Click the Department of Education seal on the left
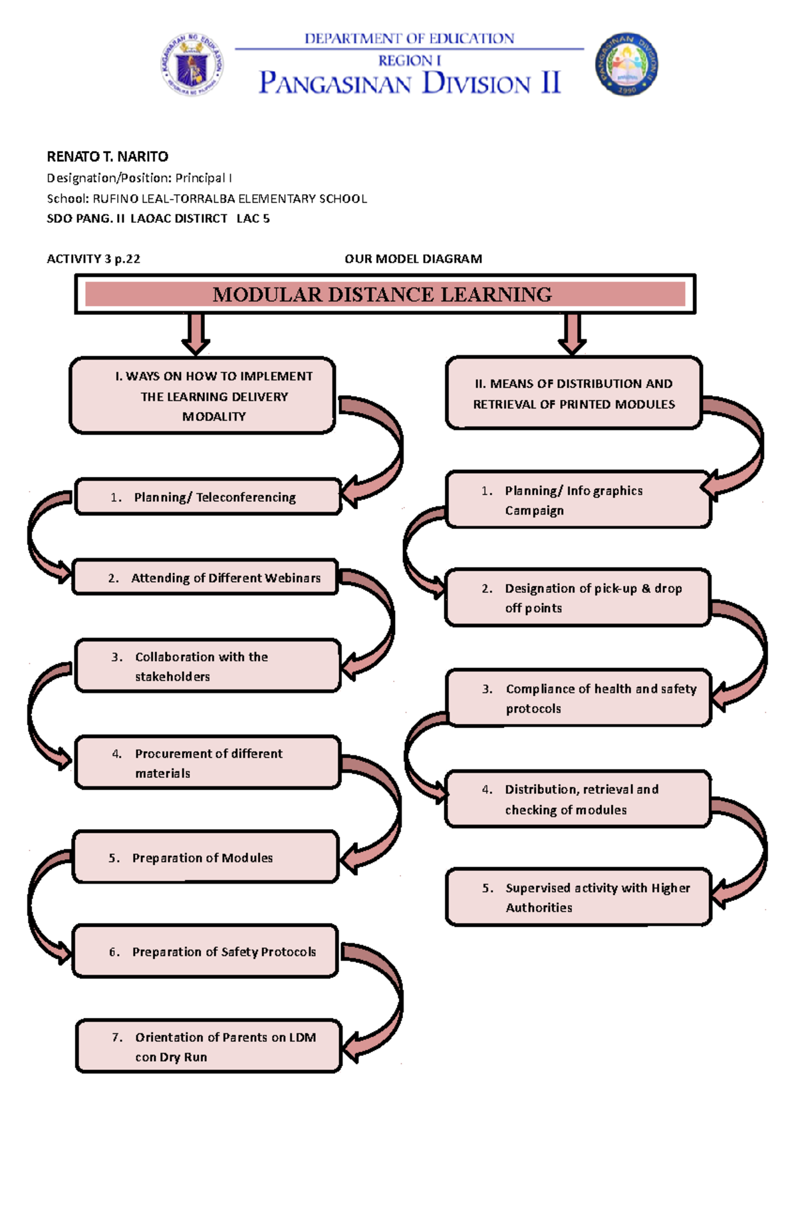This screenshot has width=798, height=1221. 192,65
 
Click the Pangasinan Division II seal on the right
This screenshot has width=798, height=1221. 626,65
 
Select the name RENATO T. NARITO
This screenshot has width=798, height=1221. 107,156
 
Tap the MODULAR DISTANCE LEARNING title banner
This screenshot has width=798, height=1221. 384,294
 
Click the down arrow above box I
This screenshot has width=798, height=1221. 196,334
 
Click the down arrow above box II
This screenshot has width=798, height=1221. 572,334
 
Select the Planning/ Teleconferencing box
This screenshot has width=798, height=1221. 207,497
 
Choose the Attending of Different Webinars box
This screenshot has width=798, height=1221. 205,577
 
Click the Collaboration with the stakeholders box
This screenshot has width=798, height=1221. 207,666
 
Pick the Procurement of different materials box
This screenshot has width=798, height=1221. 207,763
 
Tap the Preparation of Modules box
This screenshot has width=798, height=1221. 205,857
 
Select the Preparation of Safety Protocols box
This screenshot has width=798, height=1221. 205,952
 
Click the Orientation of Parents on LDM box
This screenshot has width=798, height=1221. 207,1046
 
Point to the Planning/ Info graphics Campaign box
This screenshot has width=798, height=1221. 577,500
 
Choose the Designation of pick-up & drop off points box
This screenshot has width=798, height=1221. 577,598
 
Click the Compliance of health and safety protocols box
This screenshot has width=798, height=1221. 579,698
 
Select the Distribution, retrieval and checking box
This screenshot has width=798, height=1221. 577,799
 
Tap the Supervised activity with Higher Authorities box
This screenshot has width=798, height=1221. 579,897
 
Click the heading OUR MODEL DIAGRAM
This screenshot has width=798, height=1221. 413,259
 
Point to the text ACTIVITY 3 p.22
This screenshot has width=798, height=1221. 93,259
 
